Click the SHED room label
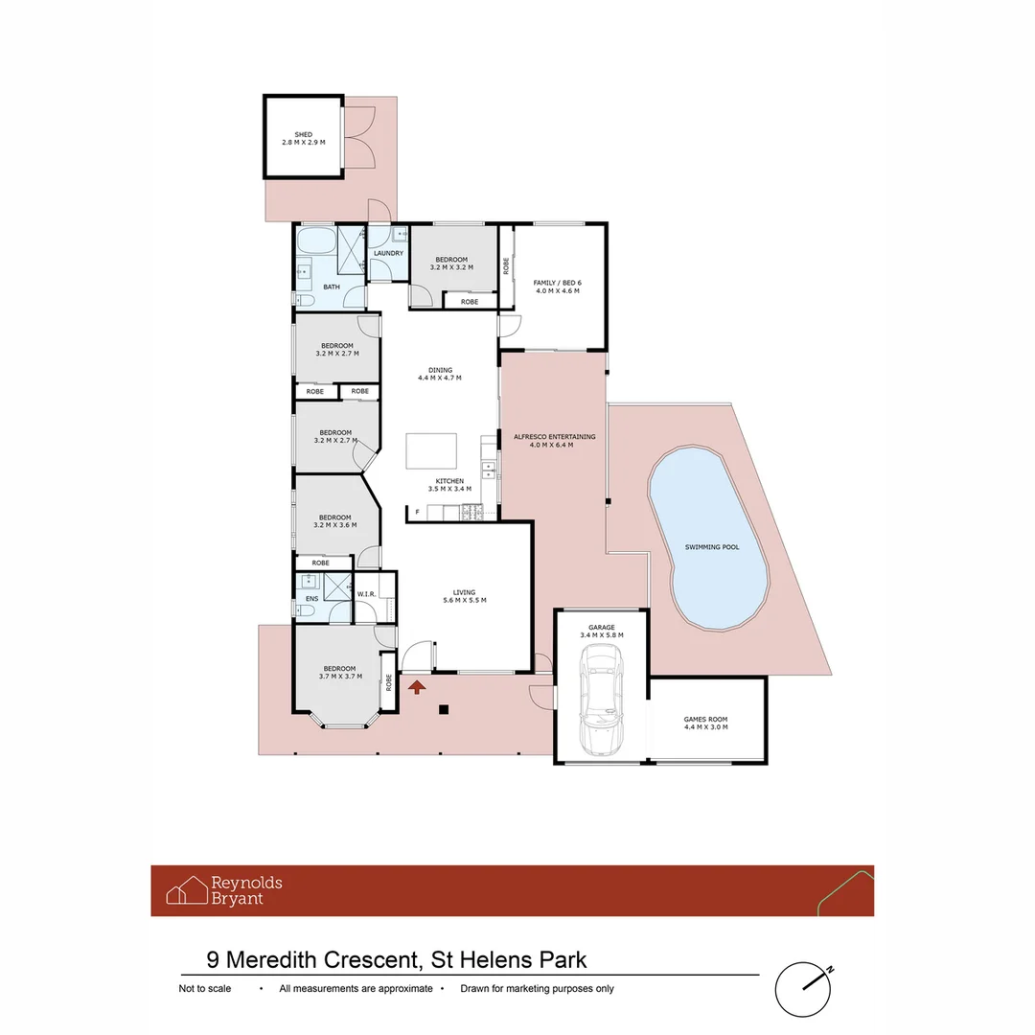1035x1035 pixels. click(303, 134)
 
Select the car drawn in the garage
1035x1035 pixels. click(602, 698)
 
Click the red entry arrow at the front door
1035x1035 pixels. click(417, 685)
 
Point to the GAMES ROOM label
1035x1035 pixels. click(705, 719)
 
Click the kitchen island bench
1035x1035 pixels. click(431, 449)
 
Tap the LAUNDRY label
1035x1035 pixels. click(388, 253)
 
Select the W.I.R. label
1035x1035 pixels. click(366, 594)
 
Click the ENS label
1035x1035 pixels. click(311, 599)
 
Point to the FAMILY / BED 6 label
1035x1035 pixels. click(558, 282)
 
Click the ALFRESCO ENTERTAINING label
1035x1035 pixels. click(554, 437)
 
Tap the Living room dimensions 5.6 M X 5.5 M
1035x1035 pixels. click(465, 600)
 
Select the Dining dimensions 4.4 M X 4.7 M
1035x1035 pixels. click(440, 379)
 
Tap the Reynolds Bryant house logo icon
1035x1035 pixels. click(187, 890)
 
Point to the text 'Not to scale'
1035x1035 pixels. click(205, 989)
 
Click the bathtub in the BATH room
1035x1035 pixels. click(315, 240)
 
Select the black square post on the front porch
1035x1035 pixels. click(443, 709)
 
